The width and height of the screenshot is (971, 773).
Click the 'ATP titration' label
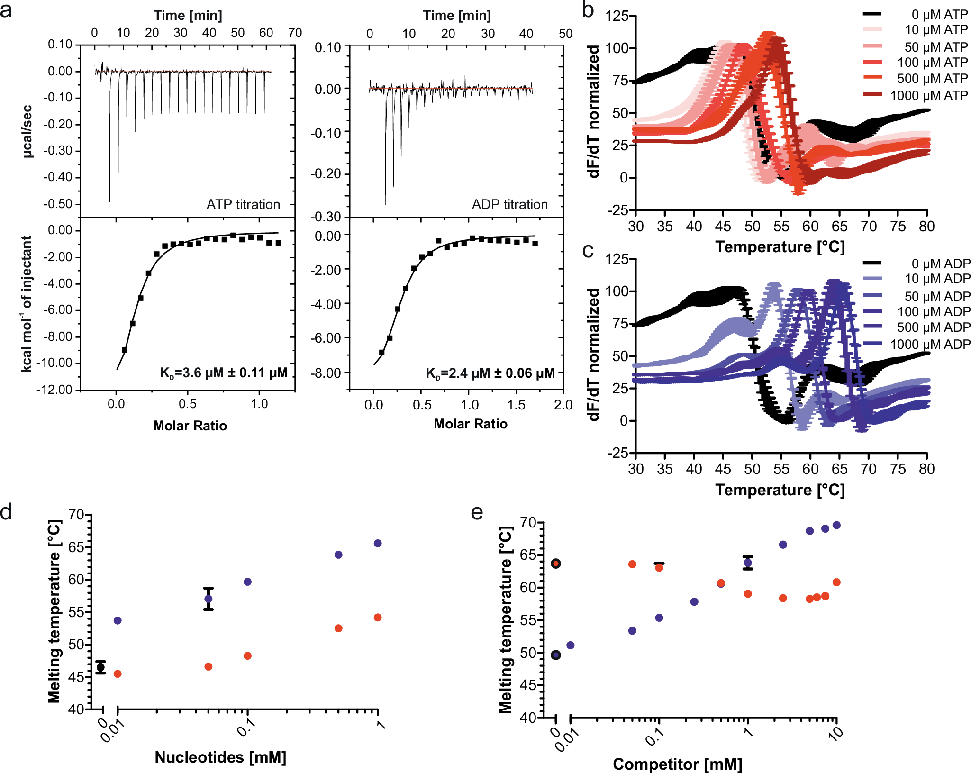[x=243, y=204]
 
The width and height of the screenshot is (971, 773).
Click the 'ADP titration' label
[x=509, y=204]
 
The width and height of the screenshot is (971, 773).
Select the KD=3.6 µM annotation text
[x=223, y=373]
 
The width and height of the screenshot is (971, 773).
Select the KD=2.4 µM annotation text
[x=490, y=373]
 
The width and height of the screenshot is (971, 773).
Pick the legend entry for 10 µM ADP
[x=937, y=278]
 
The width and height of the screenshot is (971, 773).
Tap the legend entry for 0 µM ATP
[x=939, y=14]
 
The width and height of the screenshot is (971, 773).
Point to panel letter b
[x=588, y=10]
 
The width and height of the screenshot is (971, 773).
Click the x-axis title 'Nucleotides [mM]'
[x=220, y=757]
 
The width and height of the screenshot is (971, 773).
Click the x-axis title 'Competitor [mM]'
[x=677, y=764]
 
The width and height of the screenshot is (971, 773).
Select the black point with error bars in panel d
[x=100, y=667]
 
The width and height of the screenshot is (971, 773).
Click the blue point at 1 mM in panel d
[x=378, y=543]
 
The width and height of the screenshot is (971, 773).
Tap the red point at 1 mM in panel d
[x=378, y=618]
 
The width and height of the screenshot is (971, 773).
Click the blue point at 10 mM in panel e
[x=836, y=525]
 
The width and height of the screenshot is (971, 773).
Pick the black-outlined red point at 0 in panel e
[x=556, y=564]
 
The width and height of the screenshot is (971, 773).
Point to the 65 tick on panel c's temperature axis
[x=839, y=469]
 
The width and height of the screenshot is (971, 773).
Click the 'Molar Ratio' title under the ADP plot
[x=470, y=424]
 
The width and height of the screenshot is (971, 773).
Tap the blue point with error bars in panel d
[x=209, y=599]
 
